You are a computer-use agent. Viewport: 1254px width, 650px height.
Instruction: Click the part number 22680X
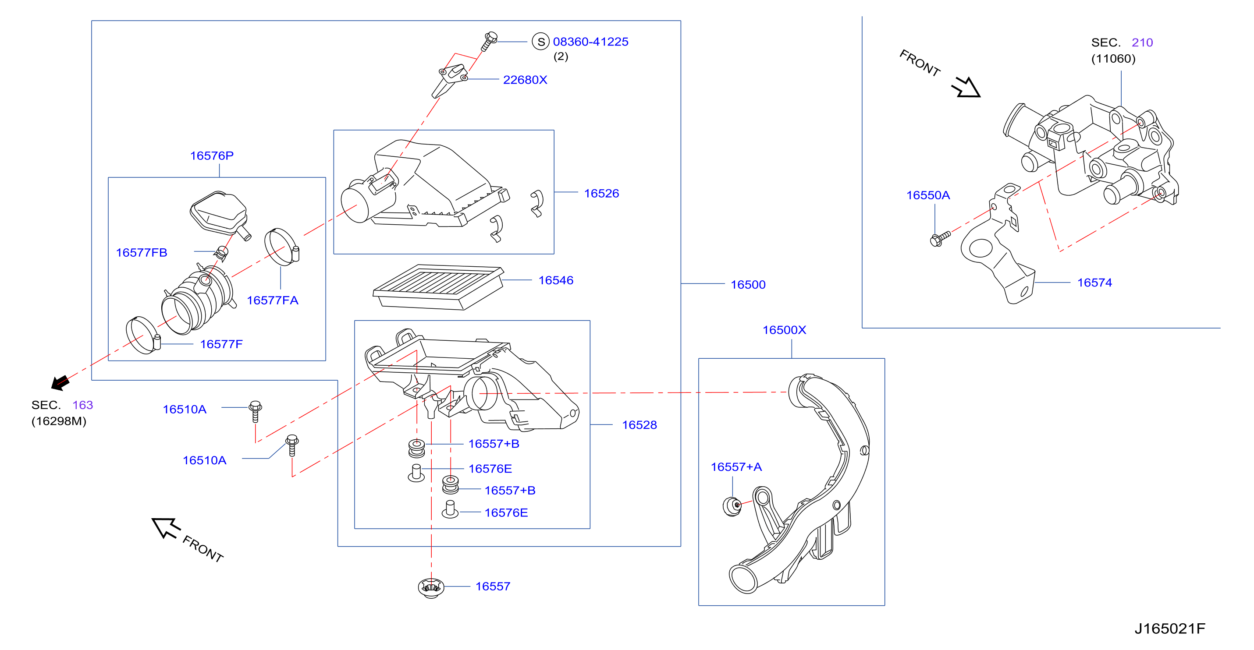525,80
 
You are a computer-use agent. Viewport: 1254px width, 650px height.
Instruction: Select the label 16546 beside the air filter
556,280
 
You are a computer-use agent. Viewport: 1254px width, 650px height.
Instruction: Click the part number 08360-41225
590,42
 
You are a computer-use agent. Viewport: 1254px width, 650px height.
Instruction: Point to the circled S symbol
540,42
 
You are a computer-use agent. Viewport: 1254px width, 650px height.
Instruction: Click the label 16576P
212,155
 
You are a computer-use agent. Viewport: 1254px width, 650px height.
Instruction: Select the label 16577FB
142,252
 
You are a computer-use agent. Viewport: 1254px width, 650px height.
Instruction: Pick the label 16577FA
273,300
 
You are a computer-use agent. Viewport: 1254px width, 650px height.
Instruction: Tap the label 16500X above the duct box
784,330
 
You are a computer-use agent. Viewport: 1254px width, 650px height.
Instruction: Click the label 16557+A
736,467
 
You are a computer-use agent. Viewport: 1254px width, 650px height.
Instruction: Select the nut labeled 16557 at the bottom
431,587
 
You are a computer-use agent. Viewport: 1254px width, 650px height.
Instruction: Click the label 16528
639,425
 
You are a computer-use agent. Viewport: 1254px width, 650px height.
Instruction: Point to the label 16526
602,193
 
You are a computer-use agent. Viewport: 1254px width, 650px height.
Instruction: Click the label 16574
1095,283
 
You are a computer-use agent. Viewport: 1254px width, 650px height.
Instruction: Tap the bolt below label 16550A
940,239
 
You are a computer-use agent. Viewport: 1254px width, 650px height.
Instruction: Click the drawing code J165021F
1170,629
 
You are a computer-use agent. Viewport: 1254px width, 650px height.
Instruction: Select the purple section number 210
1142,42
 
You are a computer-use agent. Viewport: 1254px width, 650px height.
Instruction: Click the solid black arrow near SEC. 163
60,382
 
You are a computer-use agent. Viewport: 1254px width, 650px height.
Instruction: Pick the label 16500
748,285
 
